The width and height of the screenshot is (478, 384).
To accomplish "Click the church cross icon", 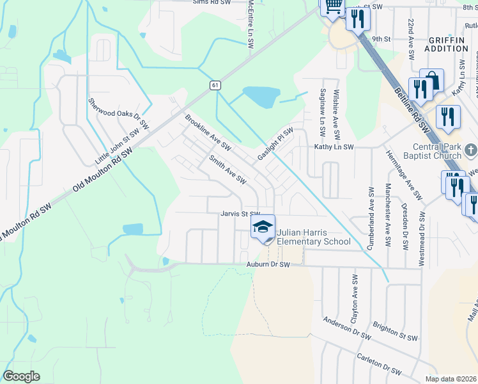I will (470, 151).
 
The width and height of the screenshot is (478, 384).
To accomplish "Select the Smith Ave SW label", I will (227, 170).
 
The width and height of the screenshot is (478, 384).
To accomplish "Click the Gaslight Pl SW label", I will (275, 145).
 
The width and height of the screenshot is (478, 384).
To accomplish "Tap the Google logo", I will (21, 376).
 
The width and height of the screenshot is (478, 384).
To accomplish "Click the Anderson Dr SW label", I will (347, 328).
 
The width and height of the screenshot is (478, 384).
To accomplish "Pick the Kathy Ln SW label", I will (334, 147).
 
